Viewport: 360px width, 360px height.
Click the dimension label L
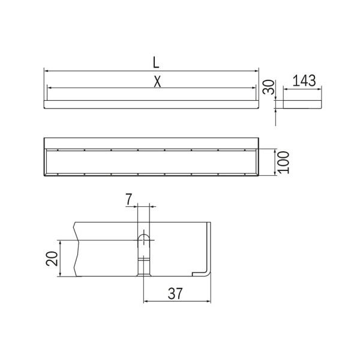tap(156, 62)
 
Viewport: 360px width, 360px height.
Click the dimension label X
tap(157, 82)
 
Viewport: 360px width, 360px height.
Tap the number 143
tap(304, 80)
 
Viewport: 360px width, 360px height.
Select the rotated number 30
tap(269, 87)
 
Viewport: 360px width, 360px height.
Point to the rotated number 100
tap(283, 163)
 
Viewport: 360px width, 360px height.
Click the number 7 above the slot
tap(129, 199)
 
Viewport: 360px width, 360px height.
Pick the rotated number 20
tap(52, 259)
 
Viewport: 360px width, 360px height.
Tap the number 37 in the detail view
tap(175, 293)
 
